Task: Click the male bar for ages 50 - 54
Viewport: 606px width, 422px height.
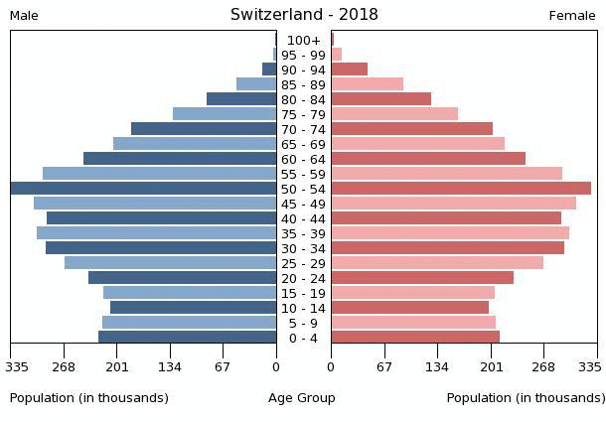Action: (x=144, y=189)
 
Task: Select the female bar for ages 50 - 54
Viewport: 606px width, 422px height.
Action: (x=461, y=189)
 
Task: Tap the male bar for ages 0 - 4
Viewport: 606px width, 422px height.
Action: (x=188, y=338)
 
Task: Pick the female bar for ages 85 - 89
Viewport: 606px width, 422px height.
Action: (x=368, y=84)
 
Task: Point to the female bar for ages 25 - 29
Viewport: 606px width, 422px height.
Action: (x=437, y=263)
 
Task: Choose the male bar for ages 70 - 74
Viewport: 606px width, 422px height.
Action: (x=204, y=129)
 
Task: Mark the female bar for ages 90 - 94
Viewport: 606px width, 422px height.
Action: (x=350, y=70)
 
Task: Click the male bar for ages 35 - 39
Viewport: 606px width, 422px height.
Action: (x=157, y=233)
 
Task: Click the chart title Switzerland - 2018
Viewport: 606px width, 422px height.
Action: (x=304, y=15)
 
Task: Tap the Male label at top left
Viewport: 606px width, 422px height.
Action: (x=24, y=16)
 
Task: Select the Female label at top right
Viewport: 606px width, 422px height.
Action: (x=572, y=16)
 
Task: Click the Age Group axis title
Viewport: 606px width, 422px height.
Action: (x=302, y=398)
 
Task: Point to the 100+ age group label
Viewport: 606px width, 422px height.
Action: (x=303, y=40)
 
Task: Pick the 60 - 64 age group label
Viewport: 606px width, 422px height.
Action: (x=303, y=159)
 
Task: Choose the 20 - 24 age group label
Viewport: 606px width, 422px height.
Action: (x=303, y=278)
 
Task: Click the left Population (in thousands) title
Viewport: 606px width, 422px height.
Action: (x=89, y=398)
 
